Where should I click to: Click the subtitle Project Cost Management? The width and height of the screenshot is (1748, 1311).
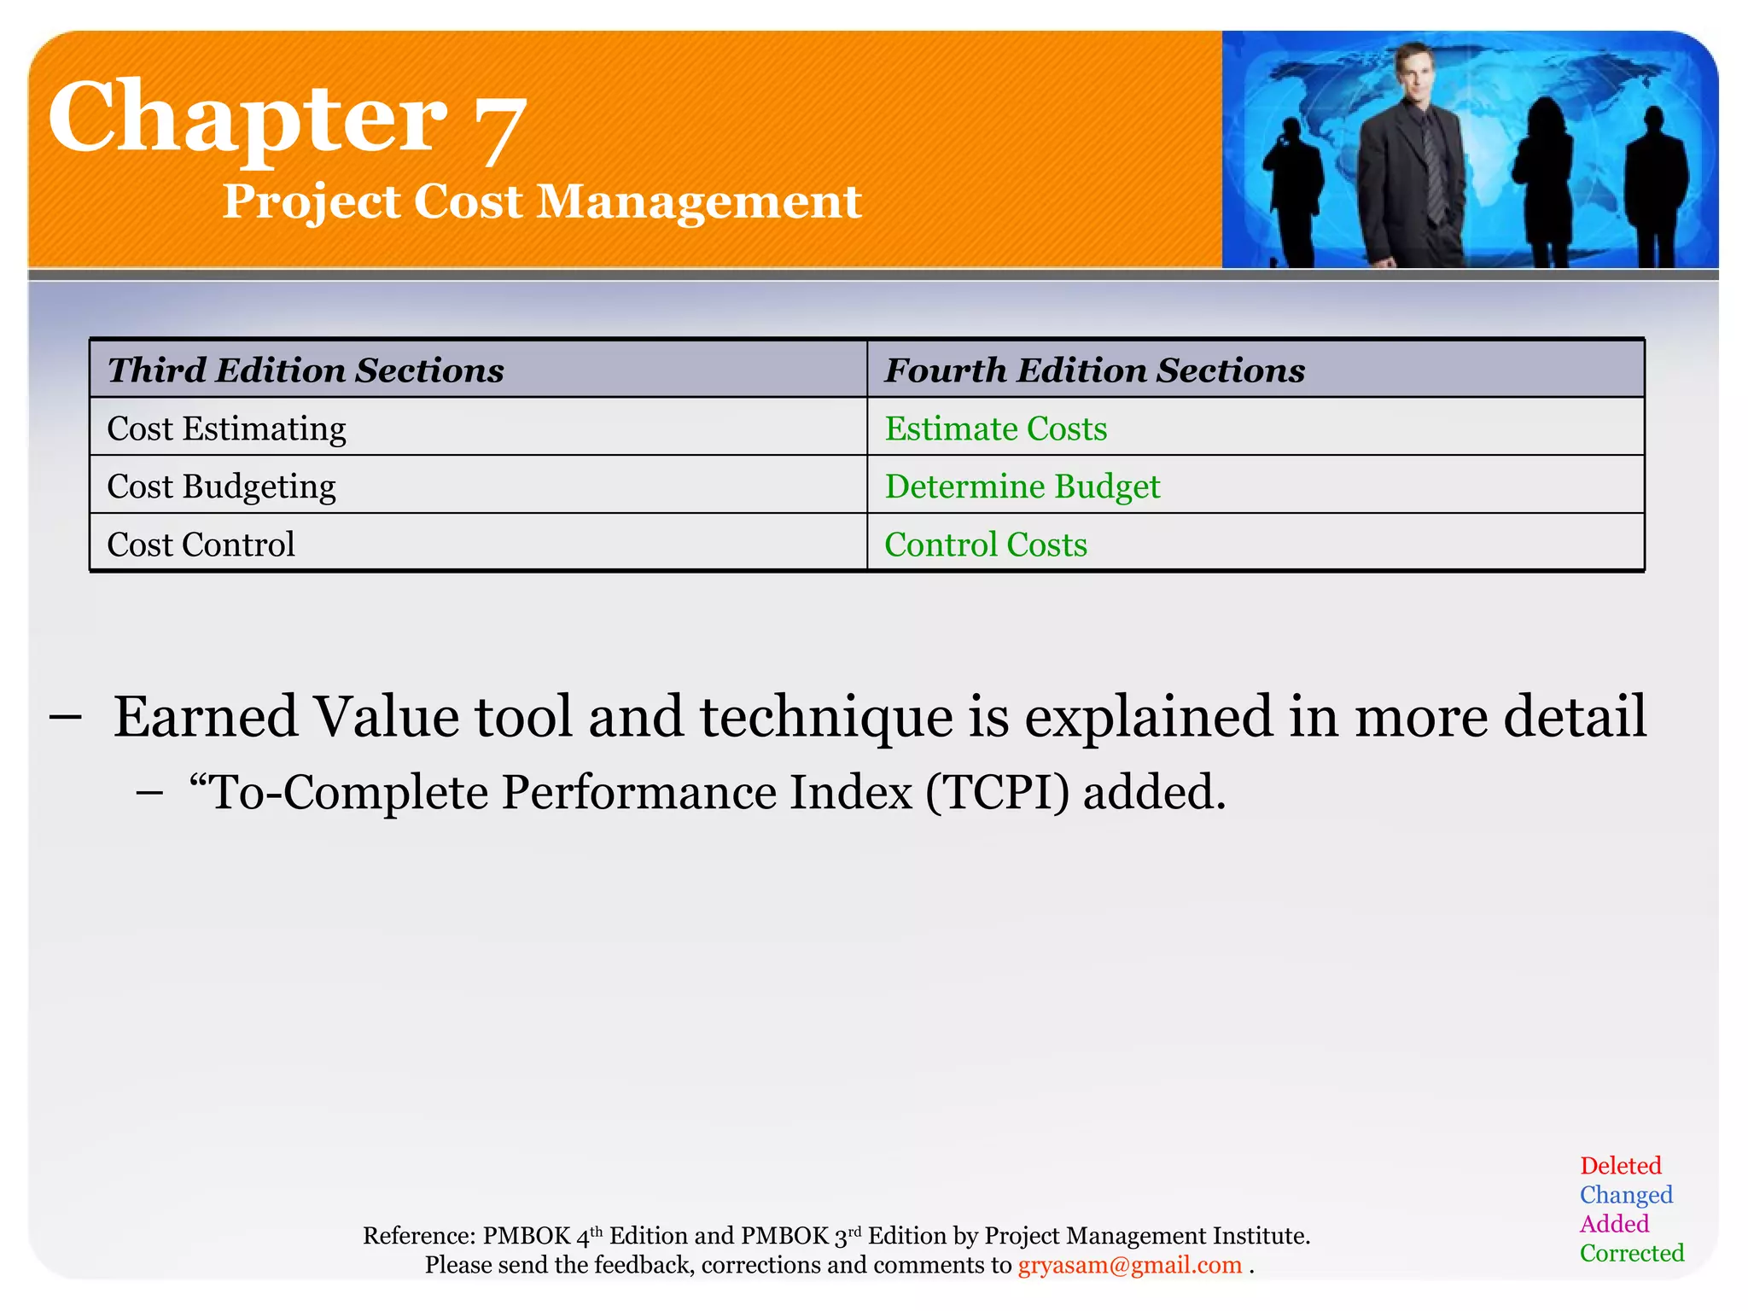(541, 202)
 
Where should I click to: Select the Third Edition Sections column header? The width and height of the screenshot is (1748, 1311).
(306, 370)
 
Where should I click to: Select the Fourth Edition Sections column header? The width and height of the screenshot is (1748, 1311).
(1094, 370)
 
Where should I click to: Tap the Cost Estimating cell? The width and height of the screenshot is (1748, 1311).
(226, 428)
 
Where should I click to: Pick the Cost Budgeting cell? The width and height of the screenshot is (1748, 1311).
(221, 487)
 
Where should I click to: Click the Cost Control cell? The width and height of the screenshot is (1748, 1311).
(201, 545)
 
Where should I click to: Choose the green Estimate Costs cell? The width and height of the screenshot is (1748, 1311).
(995, 428)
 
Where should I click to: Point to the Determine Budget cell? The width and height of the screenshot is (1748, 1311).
(1022, 487)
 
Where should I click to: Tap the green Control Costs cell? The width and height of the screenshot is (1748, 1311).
(985, 545)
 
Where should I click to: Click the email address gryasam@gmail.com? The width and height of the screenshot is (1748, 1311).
(1129, 1265)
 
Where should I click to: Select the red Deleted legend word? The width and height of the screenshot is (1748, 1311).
(1620, 1166)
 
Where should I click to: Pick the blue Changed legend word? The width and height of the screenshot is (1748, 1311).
(1625, 1195)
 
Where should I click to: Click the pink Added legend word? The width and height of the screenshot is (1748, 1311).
(1613, 1224)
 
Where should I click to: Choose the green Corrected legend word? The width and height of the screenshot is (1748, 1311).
(1631, 1253)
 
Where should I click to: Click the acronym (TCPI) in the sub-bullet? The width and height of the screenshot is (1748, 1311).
(997, 792)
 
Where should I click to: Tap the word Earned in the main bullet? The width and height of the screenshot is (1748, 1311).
(206, 717)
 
